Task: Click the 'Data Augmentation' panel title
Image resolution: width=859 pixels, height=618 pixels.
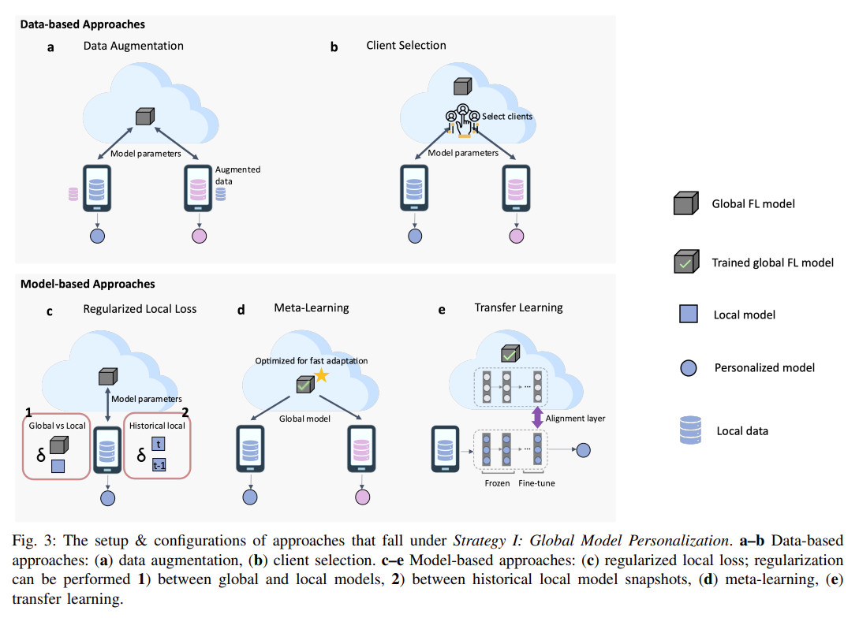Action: point(133,46)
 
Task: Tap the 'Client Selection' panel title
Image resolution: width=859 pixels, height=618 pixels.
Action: point(406,46)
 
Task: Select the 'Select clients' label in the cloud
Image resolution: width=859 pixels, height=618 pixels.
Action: point(506,117)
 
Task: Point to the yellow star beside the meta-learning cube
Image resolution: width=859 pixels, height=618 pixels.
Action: point(321,375)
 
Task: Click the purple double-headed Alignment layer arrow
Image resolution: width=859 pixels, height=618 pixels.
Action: point(537,418)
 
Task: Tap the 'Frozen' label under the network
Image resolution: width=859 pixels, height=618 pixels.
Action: point(497,483)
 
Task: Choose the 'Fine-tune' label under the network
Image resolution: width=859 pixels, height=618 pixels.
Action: point(536,483)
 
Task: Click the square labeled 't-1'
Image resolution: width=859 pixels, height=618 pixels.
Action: point(159,465)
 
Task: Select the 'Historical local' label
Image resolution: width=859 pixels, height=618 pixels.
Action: point(157,426)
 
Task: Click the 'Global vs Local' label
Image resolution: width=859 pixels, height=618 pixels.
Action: point(57,426)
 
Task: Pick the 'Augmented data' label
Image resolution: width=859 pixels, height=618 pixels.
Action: point(237,175)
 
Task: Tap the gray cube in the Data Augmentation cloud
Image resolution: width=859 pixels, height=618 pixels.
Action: point(144,116)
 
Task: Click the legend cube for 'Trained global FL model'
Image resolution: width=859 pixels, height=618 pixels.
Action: point(686,261)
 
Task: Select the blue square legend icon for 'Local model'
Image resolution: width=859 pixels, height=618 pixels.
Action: point(688,315)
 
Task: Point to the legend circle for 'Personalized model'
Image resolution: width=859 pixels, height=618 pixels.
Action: point(688,368)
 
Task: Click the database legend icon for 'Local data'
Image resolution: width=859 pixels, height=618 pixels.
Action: point(690,430)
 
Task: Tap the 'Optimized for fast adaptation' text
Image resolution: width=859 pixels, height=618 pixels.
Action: point(311,361)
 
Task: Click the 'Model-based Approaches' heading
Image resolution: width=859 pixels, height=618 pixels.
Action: point(88,284)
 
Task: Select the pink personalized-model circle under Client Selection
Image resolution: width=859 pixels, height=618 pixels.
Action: point(516,236)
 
